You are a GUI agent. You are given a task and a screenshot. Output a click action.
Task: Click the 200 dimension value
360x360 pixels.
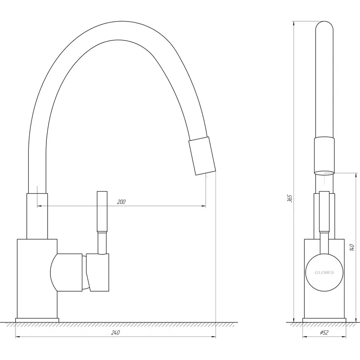pos(121,202)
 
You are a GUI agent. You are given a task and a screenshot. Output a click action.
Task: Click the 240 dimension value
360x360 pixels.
pos(116,333)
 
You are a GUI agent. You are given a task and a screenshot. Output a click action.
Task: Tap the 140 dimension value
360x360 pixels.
pos(352,247)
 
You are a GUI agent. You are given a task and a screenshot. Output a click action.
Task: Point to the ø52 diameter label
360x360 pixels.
pos(324,333)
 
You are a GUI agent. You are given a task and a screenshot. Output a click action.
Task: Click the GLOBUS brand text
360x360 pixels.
pos(324,273)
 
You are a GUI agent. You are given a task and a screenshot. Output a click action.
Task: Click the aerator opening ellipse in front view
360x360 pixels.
pos(324,173)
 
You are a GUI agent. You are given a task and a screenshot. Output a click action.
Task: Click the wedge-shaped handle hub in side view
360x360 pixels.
pos(98,272)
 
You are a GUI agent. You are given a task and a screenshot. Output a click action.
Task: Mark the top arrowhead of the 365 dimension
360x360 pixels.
pos(294,23)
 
